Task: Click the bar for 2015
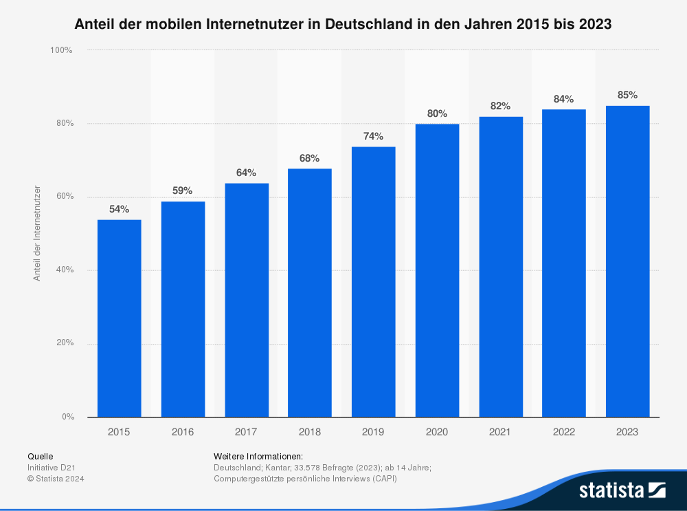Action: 119,318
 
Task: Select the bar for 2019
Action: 373,281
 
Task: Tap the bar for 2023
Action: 627,261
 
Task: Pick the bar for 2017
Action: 246,300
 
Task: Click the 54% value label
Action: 119,209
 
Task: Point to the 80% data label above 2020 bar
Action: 437,113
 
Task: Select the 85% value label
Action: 627,96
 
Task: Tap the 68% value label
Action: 309,158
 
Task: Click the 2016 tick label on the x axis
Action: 183,432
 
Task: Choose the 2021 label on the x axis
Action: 500,432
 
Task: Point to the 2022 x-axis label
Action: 563,432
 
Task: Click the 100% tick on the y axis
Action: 61,50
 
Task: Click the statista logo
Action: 622,490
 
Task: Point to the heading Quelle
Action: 40,456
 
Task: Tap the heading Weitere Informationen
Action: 258,456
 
